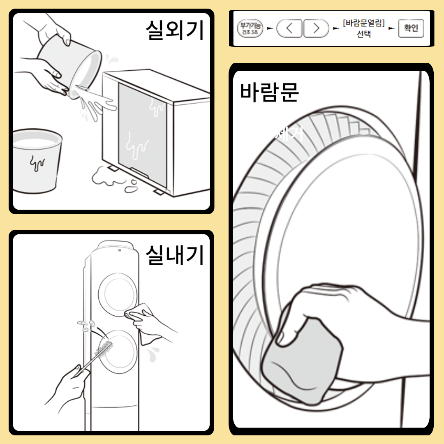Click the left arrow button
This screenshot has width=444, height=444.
tap(289, 28)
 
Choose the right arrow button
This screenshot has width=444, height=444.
tap(316, 28)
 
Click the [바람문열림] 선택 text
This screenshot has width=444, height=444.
tap(363, 28)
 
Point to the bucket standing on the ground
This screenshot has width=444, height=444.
tap(36, 160)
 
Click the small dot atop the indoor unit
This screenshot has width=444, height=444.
tap(118, 250)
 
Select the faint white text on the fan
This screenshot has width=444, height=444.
tap(290, 134)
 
